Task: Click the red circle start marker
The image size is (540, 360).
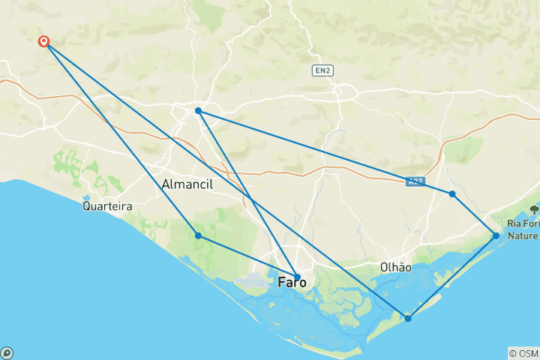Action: pyautogui.click(x=44, y=41)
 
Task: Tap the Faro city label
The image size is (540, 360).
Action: pyautogui.click(x=292, y=283)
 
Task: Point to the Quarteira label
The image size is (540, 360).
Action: pyautogui.click(x=108, y=205)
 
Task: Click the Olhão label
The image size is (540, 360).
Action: pyautogui.click(x=395, y=267)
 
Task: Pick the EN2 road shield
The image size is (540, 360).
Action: pyautogui.click(x=322, y=70)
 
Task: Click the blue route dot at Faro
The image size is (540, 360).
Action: pyautogui.click(x=297, y=277)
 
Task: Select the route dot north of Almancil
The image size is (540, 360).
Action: pyautogui.click(x=198, y=111)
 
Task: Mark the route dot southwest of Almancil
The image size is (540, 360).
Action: pyautogui.click(x=198, y=235)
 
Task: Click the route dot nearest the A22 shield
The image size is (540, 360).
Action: pyautogui.click(x=452, y=193)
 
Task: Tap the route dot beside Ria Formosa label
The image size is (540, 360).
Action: pyautogui.click(x=496, y=235)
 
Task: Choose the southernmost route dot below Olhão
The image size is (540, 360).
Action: pyautogui.click(x=408, y=319)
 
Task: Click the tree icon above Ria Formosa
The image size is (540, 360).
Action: pyautogui.click(x=534, y=210)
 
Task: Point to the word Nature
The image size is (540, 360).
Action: pyautogui.click(x=523, y=235)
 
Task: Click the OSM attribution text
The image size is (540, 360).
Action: pyautogui.click(x=527, y=352)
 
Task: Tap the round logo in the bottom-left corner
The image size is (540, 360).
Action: pyautogui.click(x=7, y=352)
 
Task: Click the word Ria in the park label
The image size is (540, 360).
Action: pyautogui.click(x=514, y=223)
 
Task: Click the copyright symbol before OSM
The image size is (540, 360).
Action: pyautogui.click(x=512, y=352)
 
